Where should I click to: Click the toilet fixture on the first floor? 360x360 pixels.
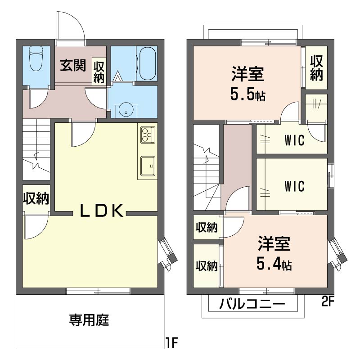36,58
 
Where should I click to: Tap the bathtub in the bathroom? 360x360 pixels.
147,63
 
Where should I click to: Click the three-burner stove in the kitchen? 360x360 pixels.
148,135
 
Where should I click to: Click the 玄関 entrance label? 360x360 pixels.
73,65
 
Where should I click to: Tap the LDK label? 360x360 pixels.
102,211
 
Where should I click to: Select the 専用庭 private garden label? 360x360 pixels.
89,320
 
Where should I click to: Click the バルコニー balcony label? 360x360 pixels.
252,304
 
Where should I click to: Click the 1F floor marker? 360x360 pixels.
171,343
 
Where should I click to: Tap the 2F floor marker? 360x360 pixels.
328,301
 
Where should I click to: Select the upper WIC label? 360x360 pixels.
295,140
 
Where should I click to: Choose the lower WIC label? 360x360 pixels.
295,186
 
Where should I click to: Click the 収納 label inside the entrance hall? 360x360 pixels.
99,72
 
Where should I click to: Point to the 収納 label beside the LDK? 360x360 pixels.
36,198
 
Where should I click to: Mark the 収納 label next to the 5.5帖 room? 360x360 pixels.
316,68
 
